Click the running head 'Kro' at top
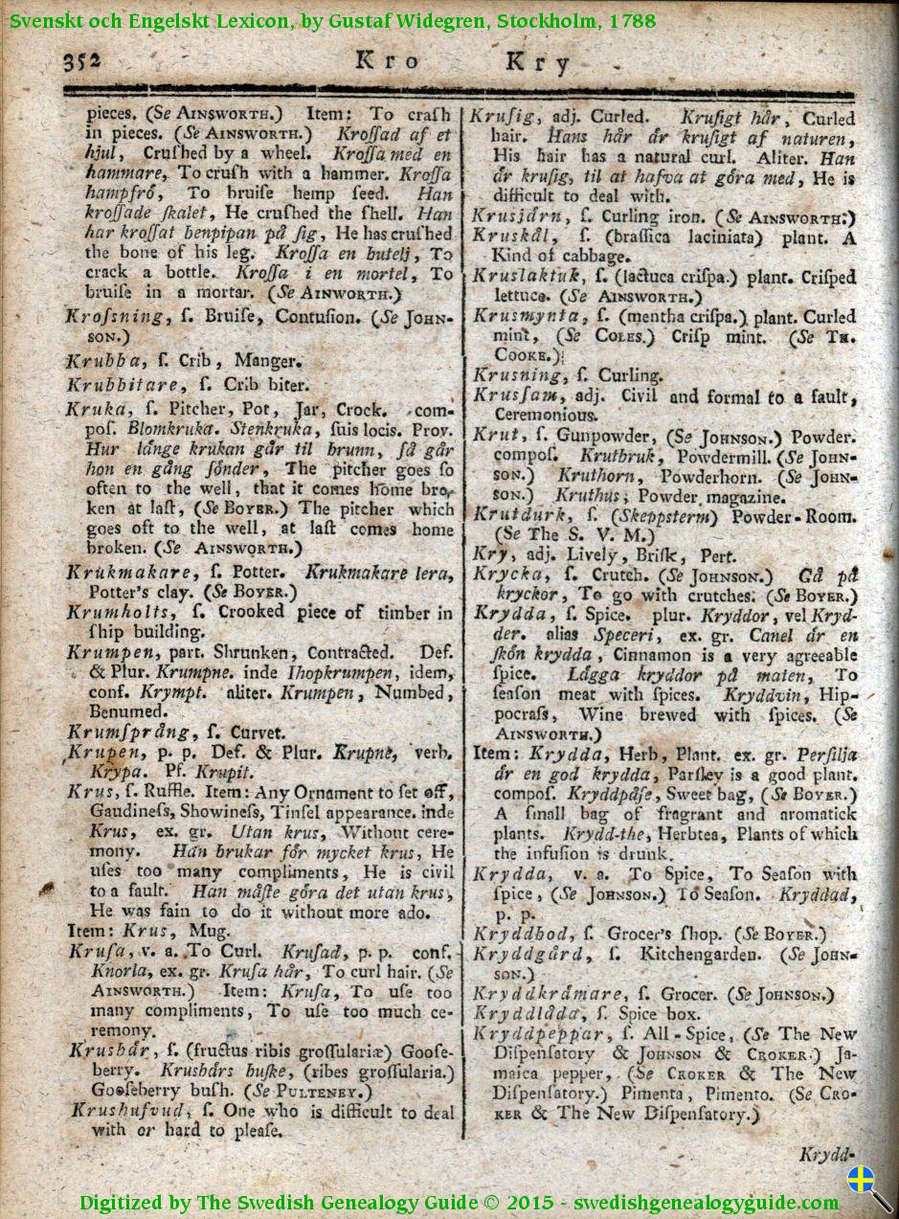pos(387,61)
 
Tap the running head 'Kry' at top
pos(537,63)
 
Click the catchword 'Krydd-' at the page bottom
pos(825,1155)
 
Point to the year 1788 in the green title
pos(633,20)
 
